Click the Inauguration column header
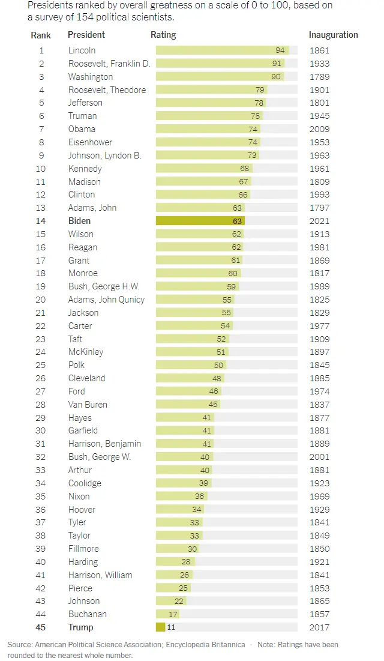(333, 35)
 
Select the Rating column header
(163, 35)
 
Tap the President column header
(86, 35)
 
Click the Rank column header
(41, 35)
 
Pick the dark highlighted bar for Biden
(200, 221)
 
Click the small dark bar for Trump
(160, 627)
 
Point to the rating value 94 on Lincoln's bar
(280, 50)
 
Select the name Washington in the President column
(91, 77)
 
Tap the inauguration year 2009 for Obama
(319, 129)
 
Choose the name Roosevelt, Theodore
(107, 90)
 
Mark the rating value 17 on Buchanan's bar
(173, 614)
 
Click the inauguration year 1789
(319, 77)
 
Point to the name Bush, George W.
(100, 457)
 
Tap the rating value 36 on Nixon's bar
(199, 497)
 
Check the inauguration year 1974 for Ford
(319, 391)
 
